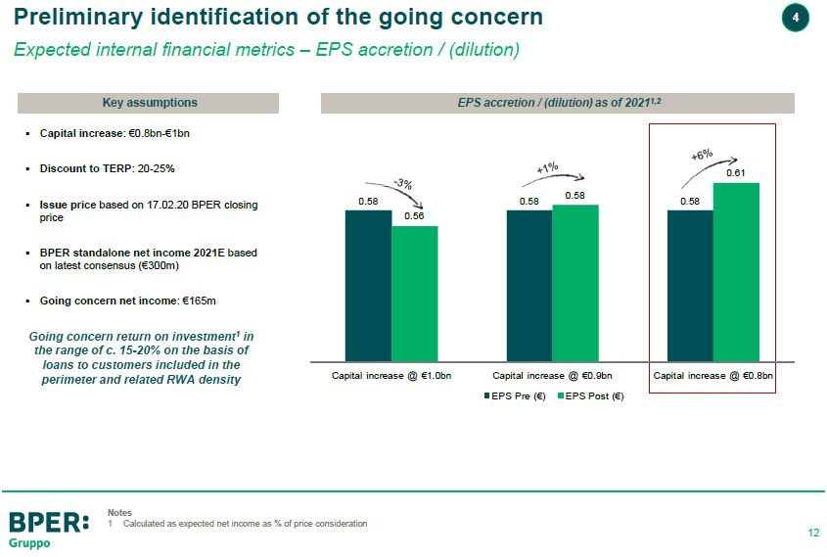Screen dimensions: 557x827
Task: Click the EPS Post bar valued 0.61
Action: [736, 272]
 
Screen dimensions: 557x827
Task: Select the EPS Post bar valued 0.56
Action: [414, 294]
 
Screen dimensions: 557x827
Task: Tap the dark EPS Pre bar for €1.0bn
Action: [368, 285]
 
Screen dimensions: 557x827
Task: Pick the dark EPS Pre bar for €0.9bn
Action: [528, 285]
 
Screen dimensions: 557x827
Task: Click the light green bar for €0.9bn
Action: [574, 283]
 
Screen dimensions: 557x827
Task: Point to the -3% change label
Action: [402, 183]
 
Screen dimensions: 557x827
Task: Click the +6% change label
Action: [702, 156]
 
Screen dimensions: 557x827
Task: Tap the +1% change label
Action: [547, 168]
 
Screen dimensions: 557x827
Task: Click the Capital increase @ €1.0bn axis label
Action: [391, 375]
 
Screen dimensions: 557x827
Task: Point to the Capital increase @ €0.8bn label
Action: [712, 375]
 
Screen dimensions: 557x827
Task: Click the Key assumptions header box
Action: [150, 103]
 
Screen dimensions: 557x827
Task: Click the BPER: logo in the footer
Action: [48, 522]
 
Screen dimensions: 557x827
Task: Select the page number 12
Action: [813, 534]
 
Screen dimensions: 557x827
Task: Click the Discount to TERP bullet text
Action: [107, 168]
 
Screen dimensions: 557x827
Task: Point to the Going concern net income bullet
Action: [120, 300]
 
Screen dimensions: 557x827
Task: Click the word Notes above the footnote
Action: [119, 513]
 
